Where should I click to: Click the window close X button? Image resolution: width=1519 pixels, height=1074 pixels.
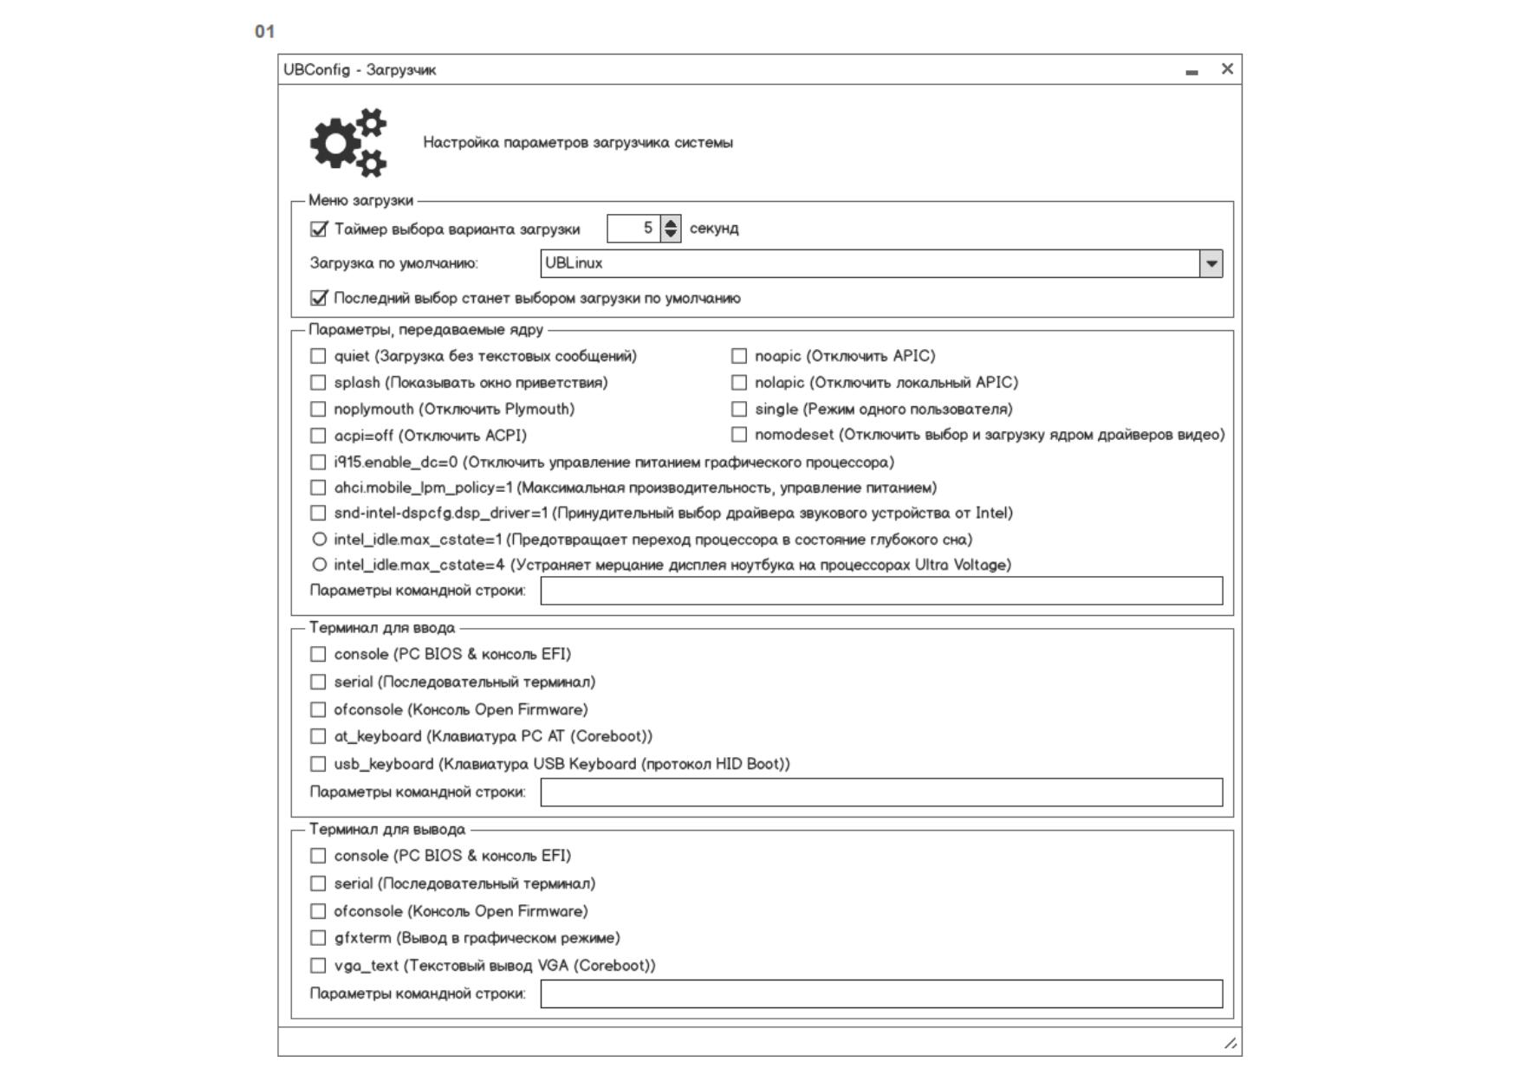pos(1227,69)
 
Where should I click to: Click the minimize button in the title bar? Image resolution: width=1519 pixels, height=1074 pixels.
pos(1191,72)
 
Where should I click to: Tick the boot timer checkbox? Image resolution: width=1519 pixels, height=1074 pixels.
pos(319,230)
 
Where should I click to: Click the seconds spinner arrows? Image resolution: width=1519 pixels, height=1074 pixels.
pos(671,229)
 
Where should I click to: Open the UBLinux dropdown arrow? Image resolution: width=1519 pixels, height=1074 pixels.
pos(1211,263)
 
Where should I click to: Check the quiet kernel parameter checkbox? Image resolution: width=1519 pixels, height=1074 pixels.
pos(319,356)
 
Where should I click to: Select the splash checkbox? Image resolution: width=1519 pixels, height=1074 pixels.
pos(319,383)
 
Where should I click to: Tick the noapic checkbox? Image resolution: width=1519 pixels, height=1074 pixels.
pos(739,356)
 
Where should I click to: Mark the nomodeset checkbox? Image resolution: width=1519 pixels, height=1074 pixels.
pos(739,435)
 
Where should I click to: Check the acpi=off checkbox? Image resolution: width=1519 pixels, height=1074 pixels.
pos(319,436)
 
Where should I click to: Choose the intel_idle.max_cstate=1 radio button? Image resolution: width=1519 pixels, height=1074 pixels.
pos(319,540)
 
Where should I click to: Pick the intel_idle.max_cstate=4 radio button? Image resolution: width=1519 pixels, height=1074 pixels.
pos(319,565)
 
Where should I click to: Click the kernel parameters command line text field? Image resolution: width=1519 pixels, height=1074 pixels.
pos(881,591)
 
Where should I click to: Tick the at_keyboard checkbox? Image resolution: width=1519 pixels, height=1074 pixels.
pos(319,736)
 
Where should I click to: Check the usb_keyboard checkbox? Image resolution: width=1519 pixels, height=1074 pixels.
pos(319,764)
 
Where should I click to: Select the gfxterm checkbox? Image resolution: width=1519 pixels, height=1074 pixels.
pos(319,938)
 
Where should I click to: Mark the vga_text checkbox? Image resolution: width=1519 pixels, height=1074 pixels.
pos(319,966)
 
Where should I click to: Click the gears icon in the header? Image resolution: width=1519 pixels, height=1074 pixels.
pos(349,142)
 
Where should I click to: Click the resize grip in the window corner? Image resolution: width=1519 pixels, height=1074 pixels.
pos(1230,1043)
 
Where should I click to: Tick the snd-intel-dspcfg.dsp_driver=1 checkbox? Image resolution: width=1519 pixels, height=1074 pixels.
pos(319,513)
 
